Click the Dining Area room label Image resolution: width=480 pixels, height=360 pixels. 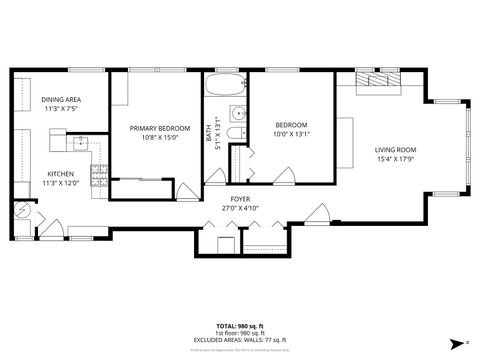point(61,100)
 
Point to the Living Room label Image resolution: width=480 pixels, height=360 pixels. point(396,149)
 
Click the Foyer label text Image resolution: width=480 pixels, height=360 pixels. point(240,198)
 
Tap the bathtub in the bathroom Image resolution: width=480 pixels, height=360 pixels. point(225,86)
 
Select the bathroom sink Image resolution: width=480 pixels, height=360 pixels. point(238,112)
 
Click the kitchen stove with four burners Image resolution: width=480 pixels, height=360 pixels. point(99,176)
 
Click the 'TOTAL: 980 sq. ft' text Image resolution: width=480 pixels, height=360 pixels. point(240,326)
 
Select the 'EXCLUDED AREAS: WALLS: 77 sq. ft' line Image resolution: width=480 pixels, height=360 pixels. point(240,340)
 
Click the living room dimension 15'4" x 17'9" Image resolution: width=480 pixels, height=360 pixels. point(396,158)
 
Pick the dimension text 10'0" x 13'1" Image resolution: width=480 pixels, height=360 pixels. point(291,135)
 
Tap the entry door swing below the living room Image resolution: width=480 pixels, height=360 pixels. point(320,213)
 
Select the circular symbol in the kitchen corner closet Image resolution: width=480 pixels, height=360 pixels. point(20,211)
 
